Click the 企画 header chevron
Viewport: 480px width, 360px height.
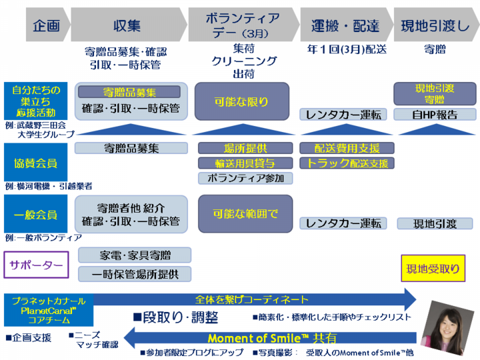coord(47,26)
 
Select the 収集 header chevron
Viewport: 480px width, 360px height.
coord(127,26)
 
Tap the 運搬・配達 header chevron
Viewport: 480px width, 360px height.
coord(345,26)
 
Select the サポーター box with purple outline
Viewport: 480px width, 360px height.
coord(36,267)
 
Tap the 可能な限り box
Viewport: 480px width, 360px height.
coord(241,101)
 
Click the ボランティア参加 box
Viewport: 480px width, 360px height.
coord(245,178)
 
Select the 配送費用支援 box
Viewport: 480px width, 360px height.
coord(347,148)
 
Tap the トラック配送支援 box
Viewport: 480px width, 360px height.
coord(347,163)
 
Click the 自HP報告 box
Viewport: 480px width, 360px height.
coord(435,114)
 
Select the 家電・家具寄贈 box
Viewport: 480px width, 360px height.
coord(135,255)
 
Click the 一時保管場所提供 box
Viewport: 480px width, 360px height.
coord(135,273)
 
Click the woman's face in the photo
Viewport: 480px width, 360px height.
coord(445,324)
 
